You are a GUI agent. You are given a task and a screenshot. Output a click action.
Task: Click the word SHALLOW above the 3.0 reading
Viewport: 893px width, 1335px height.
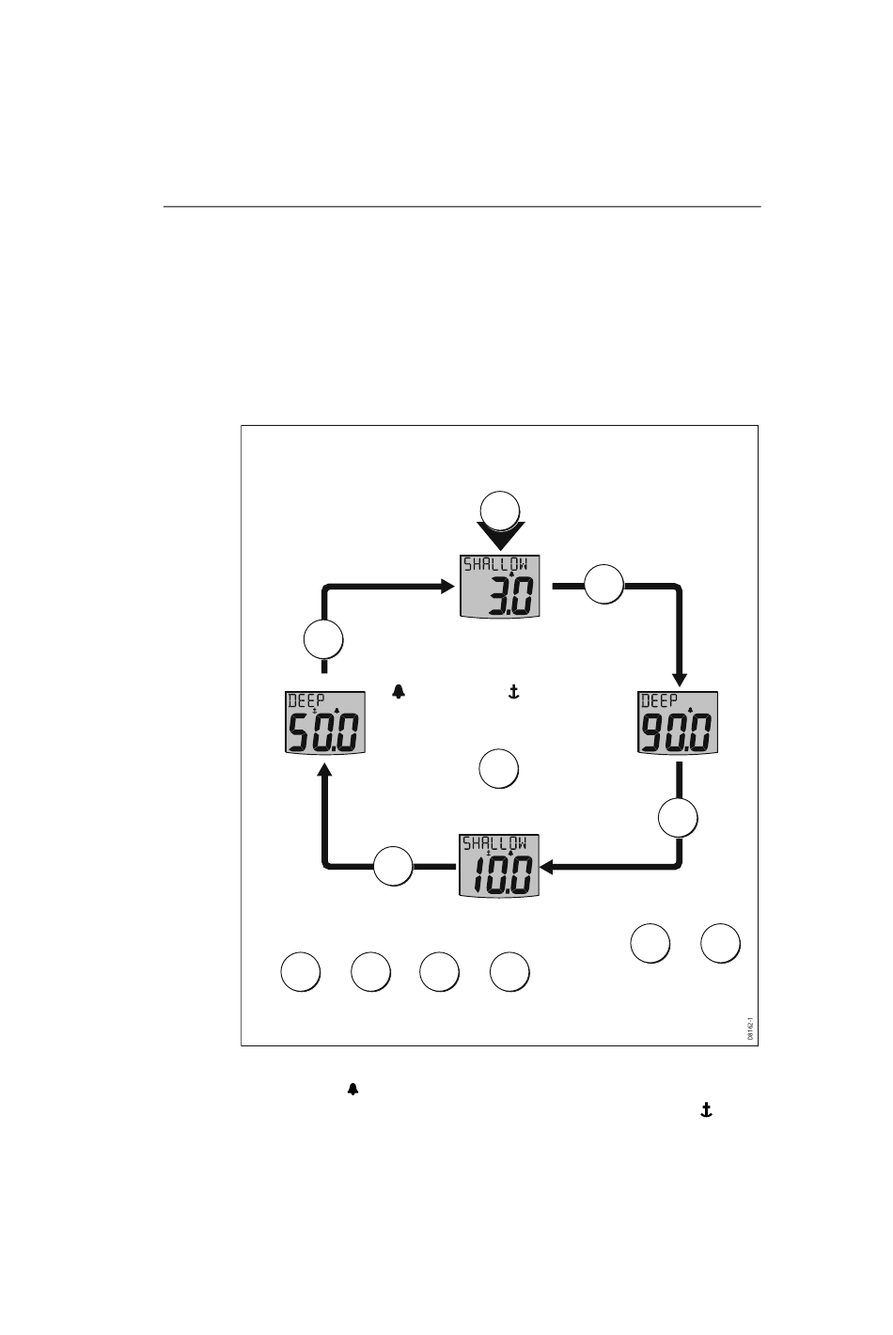tap(494, 564)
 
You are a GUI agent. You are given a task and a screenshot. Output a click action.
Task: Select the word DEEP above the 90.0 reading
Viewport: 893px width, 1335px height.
tap(660, 700)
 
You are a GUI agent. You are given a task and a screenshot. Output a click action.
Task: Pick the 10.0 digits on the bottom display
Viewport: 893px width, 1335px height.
tap(499, 876)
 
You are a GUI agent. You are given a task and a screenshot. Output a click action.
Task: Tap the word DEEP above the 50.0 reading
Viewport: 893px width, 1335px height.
tap(305, 700)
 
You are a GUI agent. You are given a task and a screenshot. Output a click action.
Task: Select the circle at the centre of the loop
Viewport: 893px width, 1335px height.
tap(498, 768)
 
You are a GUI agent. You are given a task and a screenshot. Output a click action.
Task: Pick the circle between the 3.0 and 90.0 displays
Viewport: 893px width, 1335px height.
tap(604, 585)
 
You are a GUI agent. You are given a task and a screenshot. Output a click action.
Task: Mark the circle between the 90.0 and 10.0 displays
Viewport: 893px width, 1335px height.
tap(678, 818)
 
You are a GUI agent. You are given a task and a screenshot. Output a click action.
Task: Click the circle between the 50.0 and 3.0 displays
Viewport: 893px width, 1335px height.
tap(323, 640)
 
